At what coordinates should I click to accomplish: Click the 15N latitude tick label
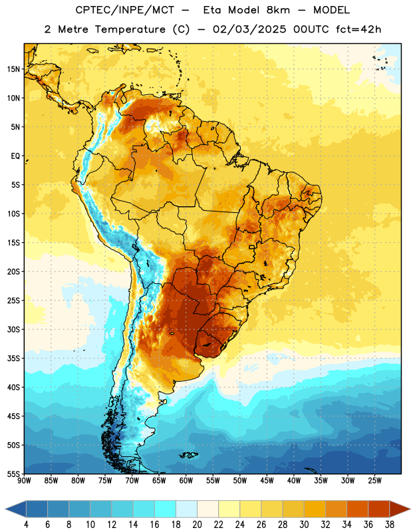[13, 69]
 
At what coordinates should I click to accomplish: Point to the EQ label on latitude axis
[15, 156]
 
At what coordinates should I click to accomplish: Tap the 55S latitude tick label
[13, 473]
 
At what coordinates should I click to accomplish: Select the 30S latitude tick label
[13, 329]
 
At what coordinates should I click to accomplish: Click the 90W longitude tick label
[25, 480]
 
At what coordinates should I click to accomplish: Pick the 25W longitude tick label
[374, 480]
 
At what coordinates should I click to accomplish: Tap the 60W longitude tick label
[186, 480]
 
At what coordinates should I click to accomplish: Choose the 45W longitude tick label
[267, 480]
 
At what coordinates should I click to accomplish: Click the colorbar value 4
[26, 525]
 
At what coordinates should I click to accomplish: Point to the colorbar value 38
[390, 525]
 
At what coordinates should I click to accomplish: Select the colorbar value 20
[197, 525]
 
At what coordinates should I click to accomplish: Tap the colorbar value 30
[304, 525]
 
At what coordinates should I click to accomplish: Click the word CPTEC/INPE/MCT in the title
[125, 10]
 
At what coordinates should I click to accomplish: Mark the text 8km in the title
[278, 10]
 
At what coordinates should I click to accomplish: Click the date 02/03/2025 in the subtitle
[249, 29]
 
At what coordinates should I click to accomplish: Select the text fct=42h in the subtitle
[358, 29]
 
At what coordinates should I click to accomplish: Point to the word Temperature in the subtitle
[130, 29]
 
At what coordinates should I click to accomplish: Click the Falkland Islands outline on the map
[188, 455]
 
